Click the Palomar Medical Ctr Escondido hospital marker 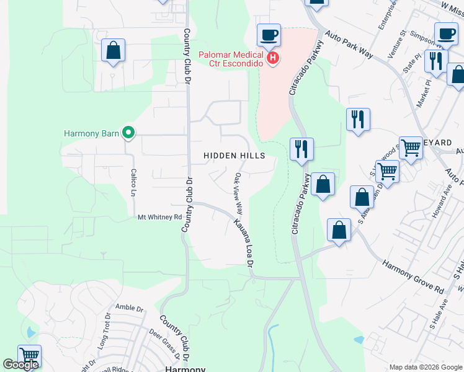(x=273, y=59)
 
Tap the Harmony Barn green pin (x=128, y=132)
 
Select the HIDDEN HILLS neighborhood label (x=235, y=156)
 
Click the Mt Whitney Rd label (x=160, y=218)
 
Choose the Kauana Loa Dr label (x=244, y=242)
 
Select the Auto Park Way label (x=348, y=46)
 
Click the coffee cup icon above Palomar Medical (x=269, y=35)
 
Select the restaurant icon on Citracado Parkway (x=301, y=149)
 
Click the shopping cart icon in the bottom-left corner (x=29, y=356)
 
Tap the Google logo (x=20, y=365)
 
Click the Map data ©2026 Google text (x=425, y=367)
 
